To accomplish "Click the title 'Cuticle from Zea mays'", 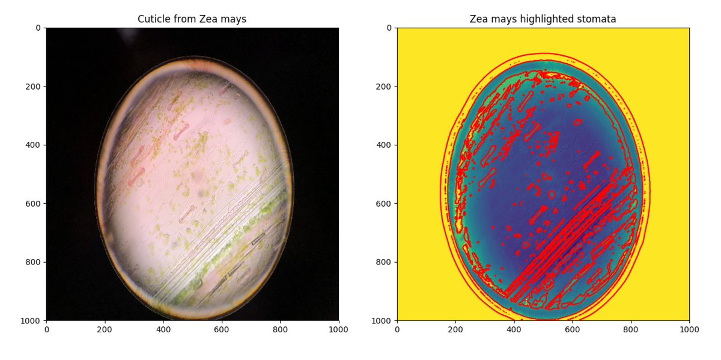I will point(192,19).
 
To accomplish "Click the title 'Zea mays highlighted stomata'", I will point(543,19).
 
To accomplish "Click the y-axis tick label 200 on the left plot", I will point(34,87).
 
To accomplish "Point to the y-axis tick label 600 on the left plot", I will point(34,204).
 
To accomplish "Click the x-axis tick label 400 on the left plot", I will point(163,330).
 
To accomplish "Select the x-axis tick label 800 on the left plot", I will point(280,330).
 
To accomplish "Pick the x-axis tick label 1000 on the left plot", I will point(339,330).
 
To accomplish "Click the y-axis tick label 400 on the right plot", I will point(385,145).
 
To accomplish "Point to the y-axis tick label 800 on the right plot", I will point(385,262).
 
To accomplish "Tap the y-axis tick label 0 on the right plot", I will point(389,28).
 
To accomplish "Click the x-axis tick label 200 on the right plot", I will point(455,330).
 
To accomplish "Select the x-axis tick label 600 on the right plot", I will point(573,330).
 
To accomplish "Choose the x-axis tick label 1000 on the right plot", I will point(689,330).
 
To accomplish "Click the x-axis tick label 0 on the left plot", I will point(46,330).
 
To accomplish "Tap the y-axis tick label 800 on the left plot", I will point(34,262).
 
